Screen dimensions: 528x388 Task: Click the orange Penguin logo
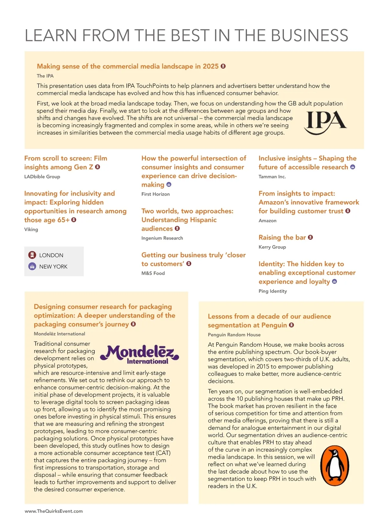pos(335,466)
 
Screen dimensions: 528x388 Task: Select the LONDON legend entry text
pos(51,255)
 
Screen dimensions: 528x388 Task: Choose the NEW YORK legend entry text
pos(53,266)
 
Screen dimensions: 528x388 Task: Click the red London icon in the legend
pos(32,255)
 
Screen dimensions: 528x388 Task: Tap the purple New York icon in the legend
pos(32,266)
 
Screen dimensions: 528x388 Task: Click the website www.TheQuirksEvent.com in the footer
pos(54,511)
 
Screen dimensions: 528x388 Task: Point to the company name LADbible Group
pos(42,176)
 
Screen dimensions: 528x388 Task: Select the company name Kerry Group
pos(272,247)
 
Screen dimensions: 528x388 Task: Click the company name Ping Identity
pos(273,291)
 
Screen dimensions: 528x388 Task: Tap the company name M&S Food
pos(153,273)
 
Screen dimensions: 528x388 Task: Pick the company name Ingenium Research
pos(162,238)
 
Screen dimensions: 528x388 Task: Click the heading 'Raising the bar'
pos(282,237)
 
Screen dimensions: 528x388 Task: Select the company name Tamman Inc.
pos(272,176)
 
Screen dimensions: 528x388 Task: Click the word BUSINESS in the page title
pos(309,35)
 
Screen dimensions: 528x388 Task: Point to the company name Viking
pos(31,229)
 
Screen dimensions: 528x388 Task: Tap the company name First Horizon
pos(156,194)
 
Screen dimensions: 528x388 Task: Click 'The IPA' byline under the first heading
pos(45,76)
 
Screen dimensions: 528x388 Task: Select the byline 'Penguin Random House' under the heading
pos(234,334)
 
